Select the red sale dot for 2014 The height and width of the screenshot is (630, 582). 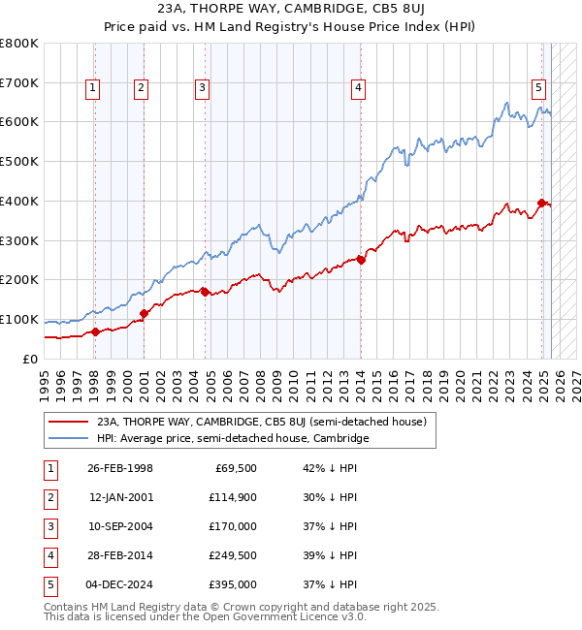pos(361,260)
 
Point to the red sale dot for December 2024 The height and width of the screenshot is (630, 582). pos(541,203)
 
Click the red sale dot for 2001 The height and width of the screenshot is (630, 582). pos(144,313)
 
